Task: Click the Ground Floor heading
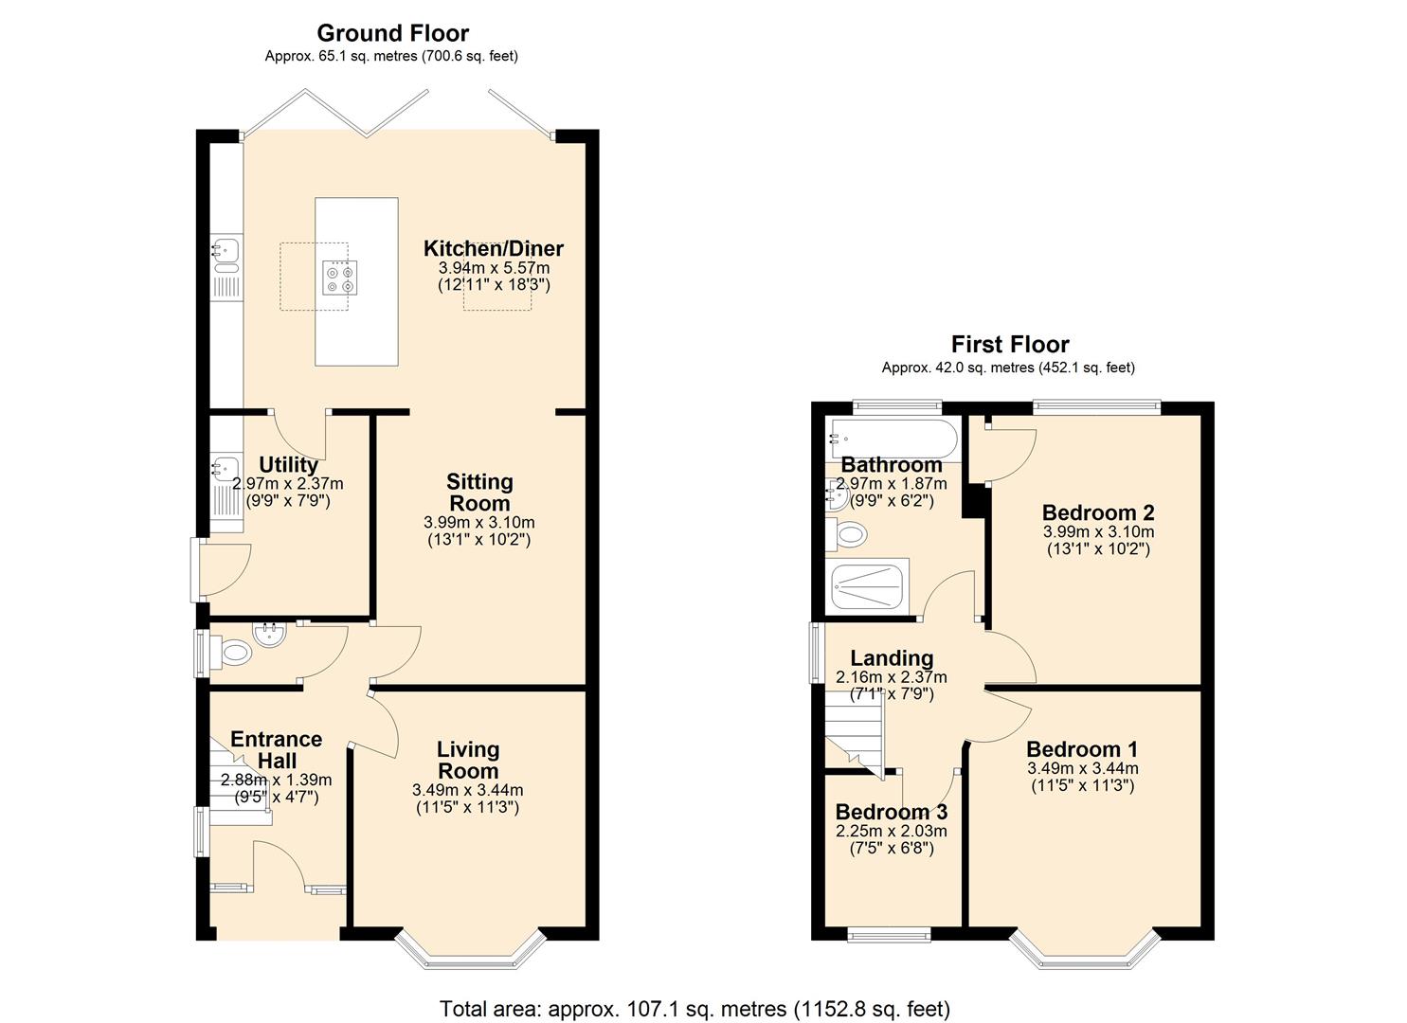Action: (392, 33)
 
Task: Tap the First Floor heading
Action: (1009, 345)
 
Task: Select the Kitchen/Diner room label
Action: (493, 249)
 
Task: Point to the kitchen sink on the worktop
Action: (225, 251)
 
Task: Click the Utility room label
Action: (288, 465)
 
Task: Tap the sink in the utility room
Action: (225, 467)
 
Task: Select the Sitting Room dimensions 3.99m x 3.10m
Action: (478, 523)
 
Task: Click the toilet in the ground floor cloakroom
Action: (233, 652)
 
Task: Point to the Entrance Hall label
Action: (276, 749)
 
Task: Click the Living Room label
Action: (467, 760)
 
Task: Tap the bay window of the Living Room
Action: (471, 951)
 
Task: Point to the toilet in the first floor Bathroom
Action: (849, 535)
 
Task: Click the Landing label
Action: (891, 658)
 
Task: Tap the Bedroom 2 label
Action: (1097, 513)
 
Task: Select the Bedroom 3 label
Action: (891, 813)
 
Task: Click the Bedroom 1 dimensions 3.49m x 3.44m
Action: (1082, 769)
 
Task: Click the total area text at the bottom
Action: (694, 1009)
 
